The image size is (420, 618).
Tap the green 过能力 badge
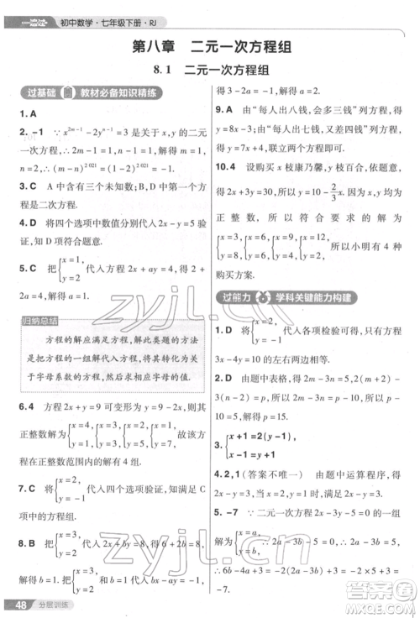coord(239,298)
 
